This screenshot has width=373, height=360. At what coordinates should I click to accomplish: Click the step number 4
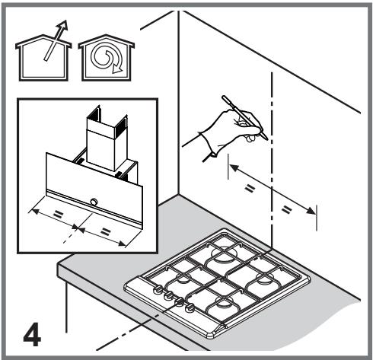32,334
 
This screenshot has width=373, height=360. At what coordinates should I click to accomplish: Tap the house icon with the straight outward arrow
43,58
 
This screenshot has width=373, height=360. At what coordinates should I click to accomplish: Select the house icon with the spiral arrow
107,58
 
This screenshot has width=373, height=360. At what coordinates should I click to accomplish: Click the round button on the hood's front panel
94,202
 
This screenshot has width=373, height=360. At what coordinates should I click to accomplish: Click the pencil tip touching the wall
266,139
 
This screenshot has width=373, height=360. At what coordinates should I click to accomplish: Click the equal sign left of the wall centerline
250,189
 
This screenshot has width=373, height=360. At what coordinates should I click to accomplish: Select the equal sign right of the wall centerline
286,209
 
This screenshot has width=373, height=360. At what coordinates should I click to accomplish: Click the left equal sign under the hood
58,215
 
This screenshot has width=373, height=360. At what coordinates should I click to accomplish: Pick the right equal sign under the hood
105,231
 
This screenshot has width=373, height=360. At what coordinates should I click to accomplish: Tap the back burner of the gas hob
224,253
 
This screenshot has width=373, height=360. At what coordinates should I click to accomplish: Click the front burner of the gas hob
225,302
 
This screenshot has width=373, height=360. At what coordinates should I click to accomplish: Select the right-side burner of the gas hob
264,279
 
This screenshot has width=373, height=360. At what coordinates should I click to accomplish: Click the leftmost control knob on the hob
158,288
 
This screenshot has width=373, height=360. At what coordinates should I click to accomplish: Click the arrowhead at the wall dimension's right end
311,211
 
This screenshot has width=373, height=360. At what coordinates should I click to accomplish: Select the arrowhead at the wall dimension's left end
234,167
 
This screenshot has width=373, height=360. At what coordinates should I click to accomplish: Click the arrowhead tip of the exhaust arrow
66,21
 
